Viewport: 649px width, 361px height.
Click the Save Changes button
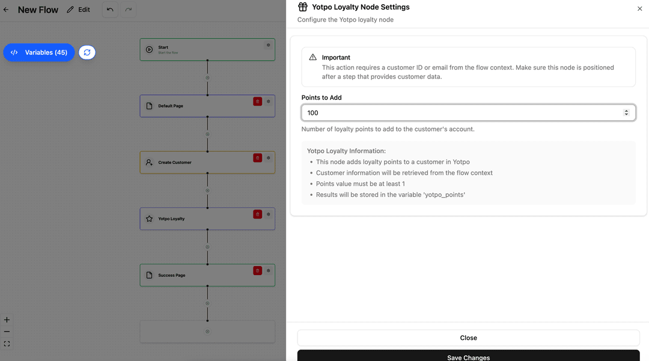468,356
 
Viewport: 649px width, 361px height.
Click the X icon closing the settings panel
639,8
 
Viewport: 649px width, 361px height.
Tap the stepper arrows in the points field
626,113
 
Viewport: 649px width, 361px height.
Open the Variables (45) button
39,52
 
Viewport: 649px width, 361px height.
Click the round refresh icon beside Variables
87,52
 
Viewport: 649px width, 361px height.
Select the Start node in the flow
207,50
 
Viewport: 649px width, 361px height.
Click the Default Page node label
171,106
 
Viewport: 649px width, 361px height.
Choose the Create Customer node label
175,163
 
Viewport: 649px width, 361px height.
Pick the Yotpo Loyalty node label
171,219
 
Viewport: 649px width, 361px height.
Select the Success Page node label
171,275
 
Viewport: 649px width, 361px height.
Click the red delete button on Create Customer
257,158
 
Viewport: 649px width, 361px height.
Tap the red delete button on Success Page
257,271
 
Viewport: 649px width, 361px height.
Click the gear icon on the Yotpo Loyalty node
268,214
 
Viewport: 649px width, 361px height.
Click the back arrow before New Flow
6,10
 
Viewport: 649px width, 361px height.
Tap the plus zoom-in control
7,320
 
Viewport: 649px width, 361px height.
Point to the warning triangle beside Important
313,57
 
